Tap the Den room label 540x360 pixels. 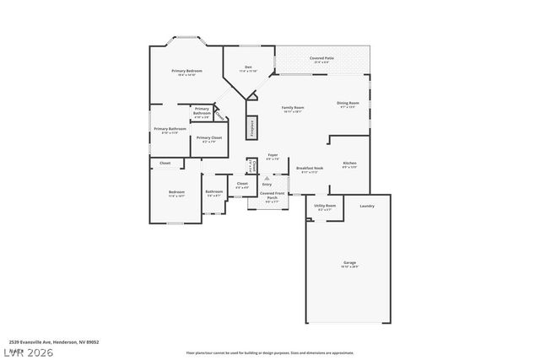point(248,67)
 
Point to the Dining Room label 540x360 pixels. point(348,104)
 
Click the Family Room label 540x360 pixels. point(293,108)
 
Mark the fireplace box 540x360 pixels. point(251,127)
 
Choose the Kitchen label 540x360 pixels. point(349,164)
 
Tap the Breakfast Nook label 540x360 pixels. point(306,169)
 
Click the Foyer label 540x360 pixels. point(273,156)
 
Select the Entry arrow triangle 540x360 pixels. point(267,178)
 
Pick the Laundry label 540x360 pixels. point(366,206)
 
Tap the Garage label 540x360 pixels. point(349,263)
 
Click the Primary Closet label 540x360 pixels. point(210,138)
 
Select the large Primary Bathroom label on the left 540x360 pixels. point(170,130)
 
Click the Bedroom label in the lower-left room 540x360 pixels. point(175,193)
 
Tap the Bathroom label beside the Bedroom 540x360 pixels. point(214,192)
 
